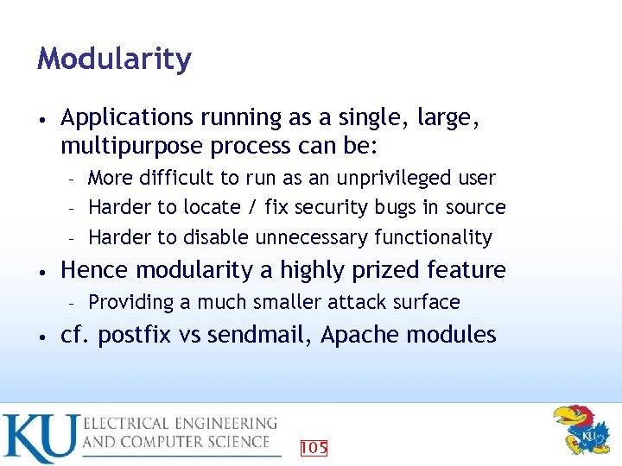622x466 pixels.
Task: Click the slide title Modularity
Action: tap(114, 60)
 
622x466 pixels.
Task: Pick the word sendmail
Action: tap(255, 335)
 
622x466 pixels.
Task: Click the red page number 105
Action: tap(313, 447)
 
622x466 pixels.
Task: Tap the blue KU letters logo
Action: tap(40, 438)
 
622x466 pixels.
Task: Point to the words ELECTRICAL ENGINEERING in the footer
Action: tap(180, 423)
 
